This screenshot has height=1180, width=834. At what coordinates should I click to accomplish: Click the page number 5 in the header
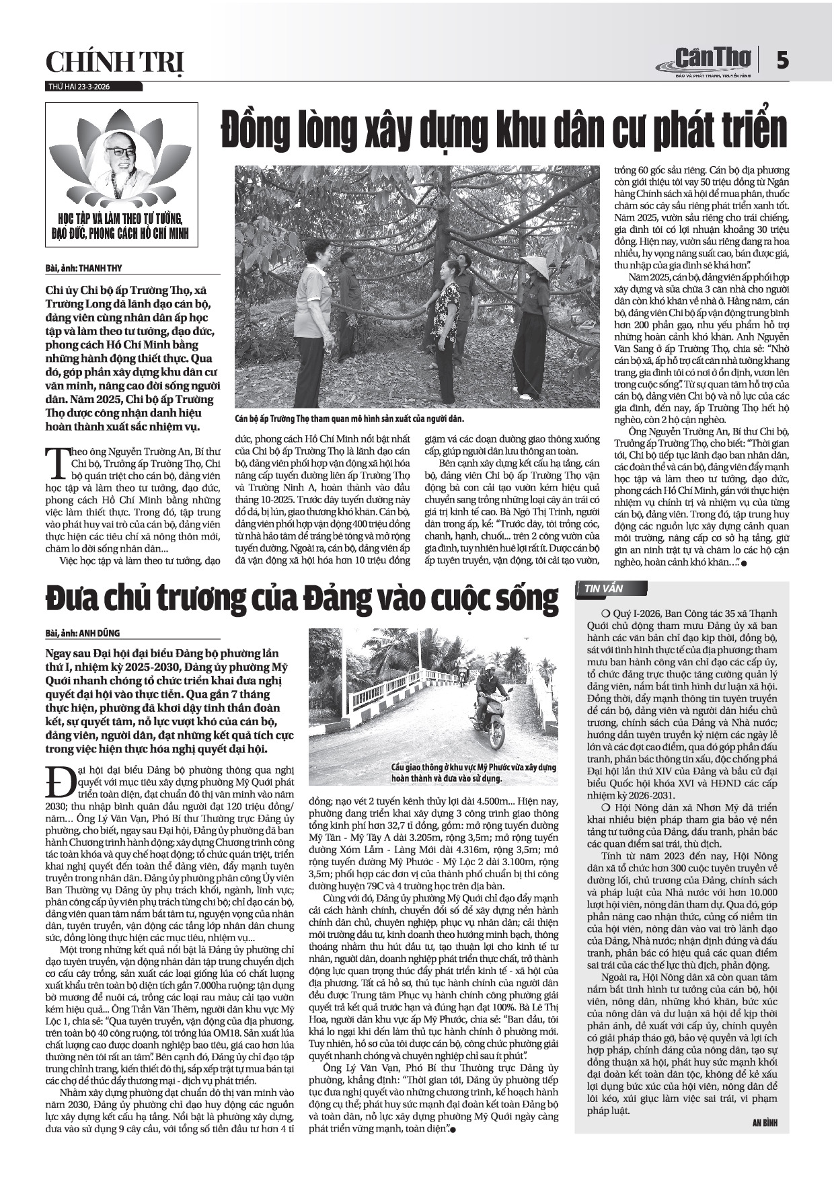[782, 61]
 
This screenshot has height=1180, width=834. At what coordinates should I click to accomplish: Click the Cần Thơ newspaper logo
[706, 61]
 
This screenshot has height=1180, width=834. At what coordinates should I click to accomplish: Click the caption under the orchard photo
[350, 418]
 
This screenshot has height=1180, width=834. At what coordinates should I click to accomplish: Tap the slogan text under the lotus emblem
[122, 227]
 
